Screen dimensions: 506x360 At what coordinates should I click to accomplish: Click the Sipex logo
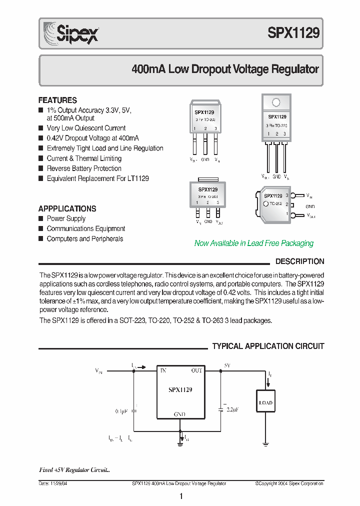point(70,33)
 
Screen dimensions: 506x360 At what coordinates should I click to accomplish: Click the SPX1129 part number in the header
point(293,33)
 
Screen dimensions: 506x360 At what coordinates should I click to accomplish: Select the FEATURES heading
point(57,100)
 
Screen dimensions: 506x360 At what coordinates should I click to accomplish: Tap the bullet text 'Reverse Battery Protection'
point(84,168)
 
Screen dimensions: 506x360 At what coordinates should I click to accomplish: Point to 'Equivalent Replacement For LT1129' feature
point(97,178)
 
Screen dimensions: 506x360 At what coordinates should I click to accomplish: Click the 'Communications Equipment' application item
point(86,228)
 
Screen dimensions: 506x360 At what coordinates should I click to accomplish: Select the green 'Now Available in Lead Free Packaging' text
point(253,243)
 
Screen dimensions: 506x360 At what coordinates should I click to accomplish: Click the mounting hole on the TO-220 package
point(276,103)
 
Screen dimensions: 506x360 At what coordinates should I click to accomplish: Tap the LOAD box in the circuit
point(265,402)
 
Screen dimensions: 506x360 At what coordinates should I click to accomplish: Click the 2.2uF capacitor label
point(233,409)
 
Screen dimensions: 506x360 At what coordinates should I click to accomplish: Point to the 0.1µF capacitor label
point(121,411)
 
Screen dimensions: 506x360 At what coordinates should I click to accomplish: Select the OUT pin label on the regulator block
point(196,371)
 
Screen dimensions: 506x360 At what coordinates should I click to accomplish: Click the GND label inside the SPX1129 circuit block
point(179,414)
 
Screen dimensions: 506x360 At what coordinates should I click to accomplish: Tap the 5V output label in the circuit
point(227,365)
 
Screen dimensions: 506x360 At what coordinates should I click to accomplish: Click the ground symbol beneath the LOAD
point(265,442)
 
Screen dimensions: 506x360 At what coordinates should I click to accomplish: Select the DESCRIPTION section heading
point(299,261)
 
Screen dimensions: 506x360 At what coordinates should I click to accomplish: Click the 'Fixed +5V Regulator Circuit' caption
point(74,470)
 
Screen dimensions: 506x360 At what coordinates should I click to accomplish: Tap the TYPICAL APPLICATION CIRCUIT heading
point(268,346)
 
